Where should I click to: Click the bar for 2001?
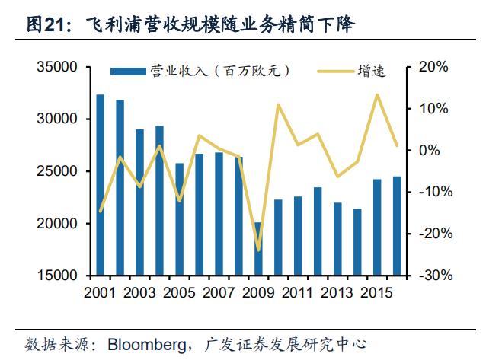click(100, 185)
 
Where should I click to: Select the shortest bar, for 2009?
click(258, 249)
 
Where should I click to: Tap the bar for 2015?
click(377, 227)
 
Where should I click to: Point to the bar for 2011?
click(298, 235)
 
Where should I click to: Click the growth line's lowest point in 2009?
click(258, 250)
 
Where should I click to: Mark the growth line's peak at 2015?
click(377, 95)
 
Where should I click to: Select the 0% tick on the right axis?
click(427, 150)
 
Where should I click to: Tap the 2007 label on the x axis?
click(219, 292)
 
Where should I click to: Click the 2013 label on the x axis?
click(337, 292)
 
